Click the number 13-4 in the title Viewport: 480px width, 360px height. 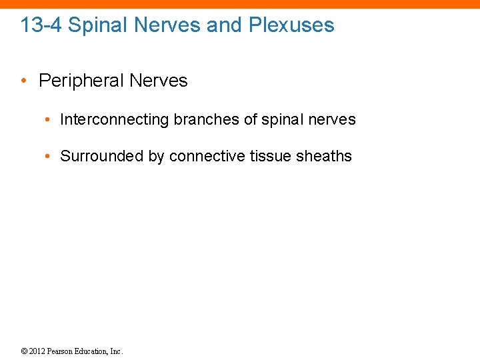coord(41,25)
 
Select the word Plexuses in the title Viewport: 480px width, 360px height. coord(291,25)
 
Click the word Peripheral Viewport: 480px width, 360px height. coord(81,81)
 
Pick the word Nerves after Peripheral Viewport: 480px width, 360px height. coord(159,81)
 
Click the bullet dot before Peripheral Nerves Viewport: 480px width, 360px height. coord(23,81)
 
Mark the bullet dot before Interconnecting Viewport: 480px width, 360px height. coord(48,120)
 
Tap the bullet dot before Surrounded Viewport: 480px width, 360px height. coord(48,157)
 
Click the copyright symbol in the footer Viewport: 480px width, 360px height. coord(24,351)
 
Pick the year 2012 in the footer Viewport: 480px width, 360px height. coord(37,351)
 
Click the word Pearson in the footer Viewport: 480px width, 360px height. coord(61,351)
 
